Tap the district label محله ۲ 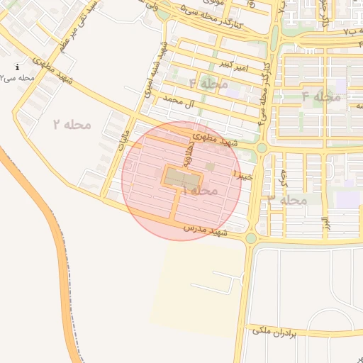pyautogui.click(x=72, y=125)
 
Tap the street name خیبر pyautogui.click(x=243, y=173)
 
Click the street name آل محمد pyautogui.click(x=178, y=104)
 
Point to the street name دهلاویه pyautogui.click(x=190, y=152)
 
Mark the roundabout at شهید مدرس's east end pyautogui.click(x=251, y=239)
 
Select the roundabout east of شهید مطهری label pyautogui.click(x=262, y=147)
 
